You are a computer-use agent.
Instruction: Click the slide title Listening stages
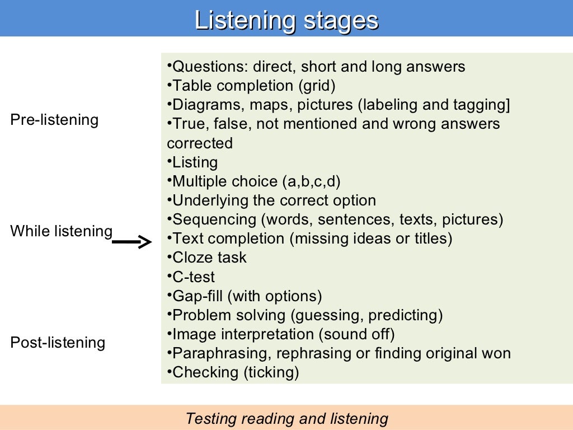286,21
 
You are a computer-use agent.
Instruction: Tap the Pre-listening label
54,120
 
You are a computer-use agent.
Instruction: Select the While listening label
61,231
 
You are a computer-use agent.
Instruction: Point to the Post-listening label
58,342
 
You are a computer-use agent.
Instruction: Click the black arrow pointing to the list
132,242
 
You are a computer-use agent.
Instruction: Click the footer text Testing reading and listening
286,418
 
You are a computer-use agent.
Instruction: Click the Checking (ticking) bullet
236,372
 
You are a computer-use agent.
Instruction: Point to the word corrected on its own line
200,143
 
